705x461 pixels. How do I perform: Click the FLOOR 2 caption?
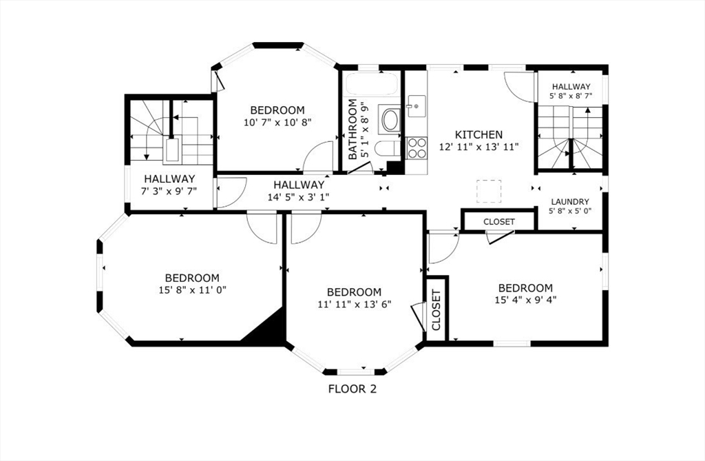click(352, 389)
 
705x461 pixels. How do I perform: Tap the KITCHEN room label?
click(479, 134)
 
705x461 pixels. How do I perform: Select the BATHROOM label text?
click(353, 130)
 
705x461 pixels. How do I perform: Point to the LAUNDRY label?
click(570, 202)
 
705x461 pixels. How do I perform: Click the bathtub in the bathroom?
click(371, 84)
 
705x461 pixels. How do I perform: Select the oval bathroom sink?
click(390, 119)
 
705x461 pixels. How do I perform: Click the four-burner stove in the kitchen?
click(417, 148)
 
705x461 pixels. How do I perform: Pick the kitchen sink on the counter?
click(417, 106)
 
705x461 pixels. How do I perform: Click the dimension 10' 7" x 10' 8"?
click(277, 122)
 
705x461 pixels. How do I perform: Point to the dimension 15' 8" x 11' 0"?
click(193, 290)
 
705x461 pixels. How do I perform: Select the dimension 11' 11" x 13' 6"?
click(355, 304)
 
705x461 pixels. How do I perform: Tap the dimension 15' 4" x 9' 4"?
click(525, 299)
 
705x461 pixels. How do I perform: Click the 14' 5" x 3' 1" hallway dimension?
click(299, 197)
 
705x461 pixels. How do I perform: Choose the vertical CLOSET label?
click(436, 310)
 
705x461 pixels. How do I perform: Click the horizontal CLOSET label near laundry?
click(499, 222)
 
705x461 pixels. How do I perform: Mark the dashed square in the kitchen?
click(489, 191)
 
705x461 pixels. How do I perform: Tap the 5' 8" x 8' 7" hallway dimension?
click(571, 96)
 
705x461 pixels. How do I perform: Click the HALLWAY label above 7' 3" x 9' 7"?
click(169, 178)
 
